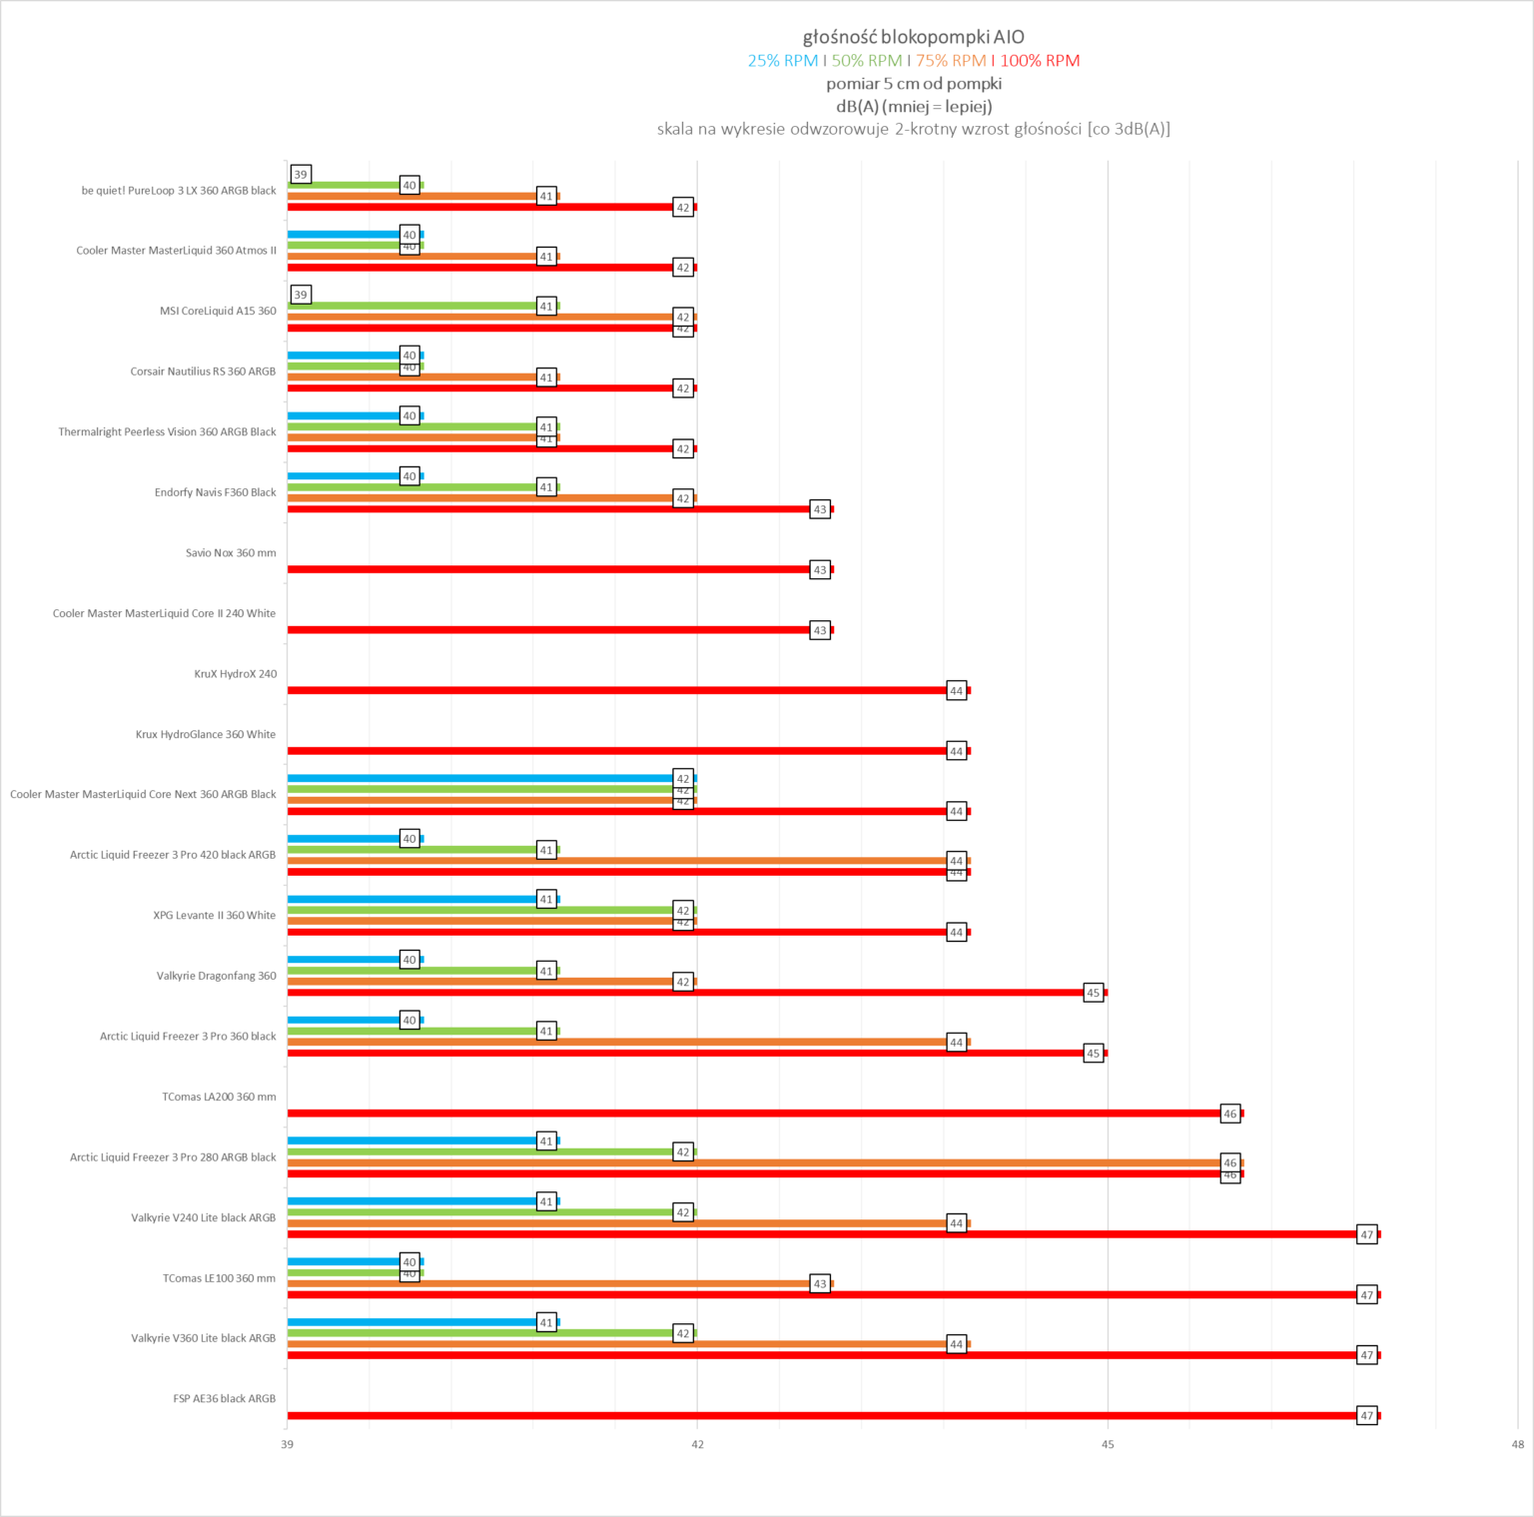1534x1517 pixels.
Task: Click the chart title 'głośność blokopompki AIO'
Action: [x=913, y=37]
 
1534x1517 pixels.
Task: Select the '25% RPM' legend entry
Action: [x=783, y=61]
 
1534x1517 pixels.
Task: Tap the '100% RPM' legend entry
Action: [x=1040, y=61]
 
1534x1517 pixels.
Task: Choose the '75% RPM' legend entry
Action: [x=951, y=61]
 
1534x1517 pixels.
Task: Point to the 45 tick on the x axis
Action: [x=1108, y=1444]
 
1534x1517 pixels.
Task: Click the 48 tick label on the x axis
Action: [x=1517, y=1444]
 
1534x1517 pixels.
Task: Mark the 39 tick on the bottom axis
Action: [x=288, y=1444]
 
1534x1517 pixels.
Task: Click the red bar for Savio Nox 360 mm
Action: [x=549, y=569]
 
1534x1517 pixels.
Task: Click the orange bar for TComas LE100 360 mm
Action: [x=549, y=1283]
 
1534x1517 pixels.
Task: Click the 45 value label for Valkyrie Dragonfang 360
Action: [x=1094, y=993]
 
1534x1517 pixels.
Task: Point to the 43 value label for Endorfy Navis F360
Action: [x=820, y=509]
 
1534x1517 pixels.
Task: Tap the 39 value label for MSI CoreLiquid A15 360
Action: [x=301, y=295]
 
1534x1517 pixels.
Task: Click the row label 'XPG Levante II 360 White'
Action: [x=214, y=915]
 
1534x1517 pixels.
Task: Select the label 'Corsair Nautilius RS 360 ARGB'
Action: [x=203, y=372]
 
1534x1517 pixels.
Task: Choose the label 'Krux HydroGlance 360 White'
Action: [x=206, y=734]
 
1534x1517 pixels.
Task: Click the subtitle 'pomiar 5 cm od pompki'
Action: [x=913, y=84]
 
